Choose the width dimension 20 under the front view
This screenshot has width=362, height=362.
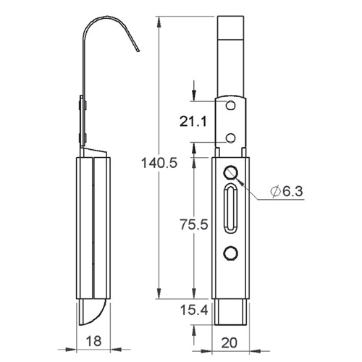(x=231, y=342)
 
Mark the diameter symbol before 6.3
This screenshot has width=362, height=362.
(x=274, y=190)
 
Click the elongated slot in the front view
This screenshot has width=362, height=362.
(x=231, y=209)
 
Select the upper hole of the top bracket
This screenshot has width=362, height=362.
(x=231, y=106)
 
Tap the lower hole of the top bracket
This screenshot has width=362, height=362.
(x=231, y=138)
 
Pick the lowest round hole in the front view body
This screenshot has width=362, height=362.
(x=231, y=252)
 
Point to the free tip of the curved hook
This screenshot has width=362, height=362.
(x=138, y=53)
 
